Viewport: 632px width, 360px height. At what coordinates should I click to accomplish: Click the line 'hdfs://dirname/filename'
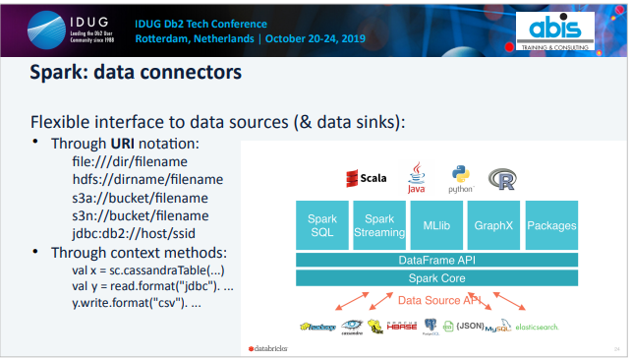tap(147, 180)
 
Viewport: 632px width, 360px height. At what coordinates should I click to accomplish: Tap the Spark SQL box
tap(322, 225)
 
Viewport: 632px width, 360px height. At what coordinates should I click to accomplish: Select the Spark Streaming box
tap(379, 225)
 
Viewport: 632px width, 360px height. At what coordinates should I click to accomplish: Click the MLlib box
tap(436, 224)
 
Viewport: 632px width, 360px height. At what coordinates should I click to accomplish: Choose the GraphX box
tap(493, 224)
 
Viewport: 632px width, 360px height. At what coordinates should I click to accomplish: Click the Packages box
tap(551, 224)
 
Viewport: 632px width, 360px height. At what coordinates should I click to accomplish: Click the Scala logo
tap(366, 178)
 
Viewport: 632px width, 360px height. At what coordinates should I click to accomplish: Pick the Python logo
tap(460, 177)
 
